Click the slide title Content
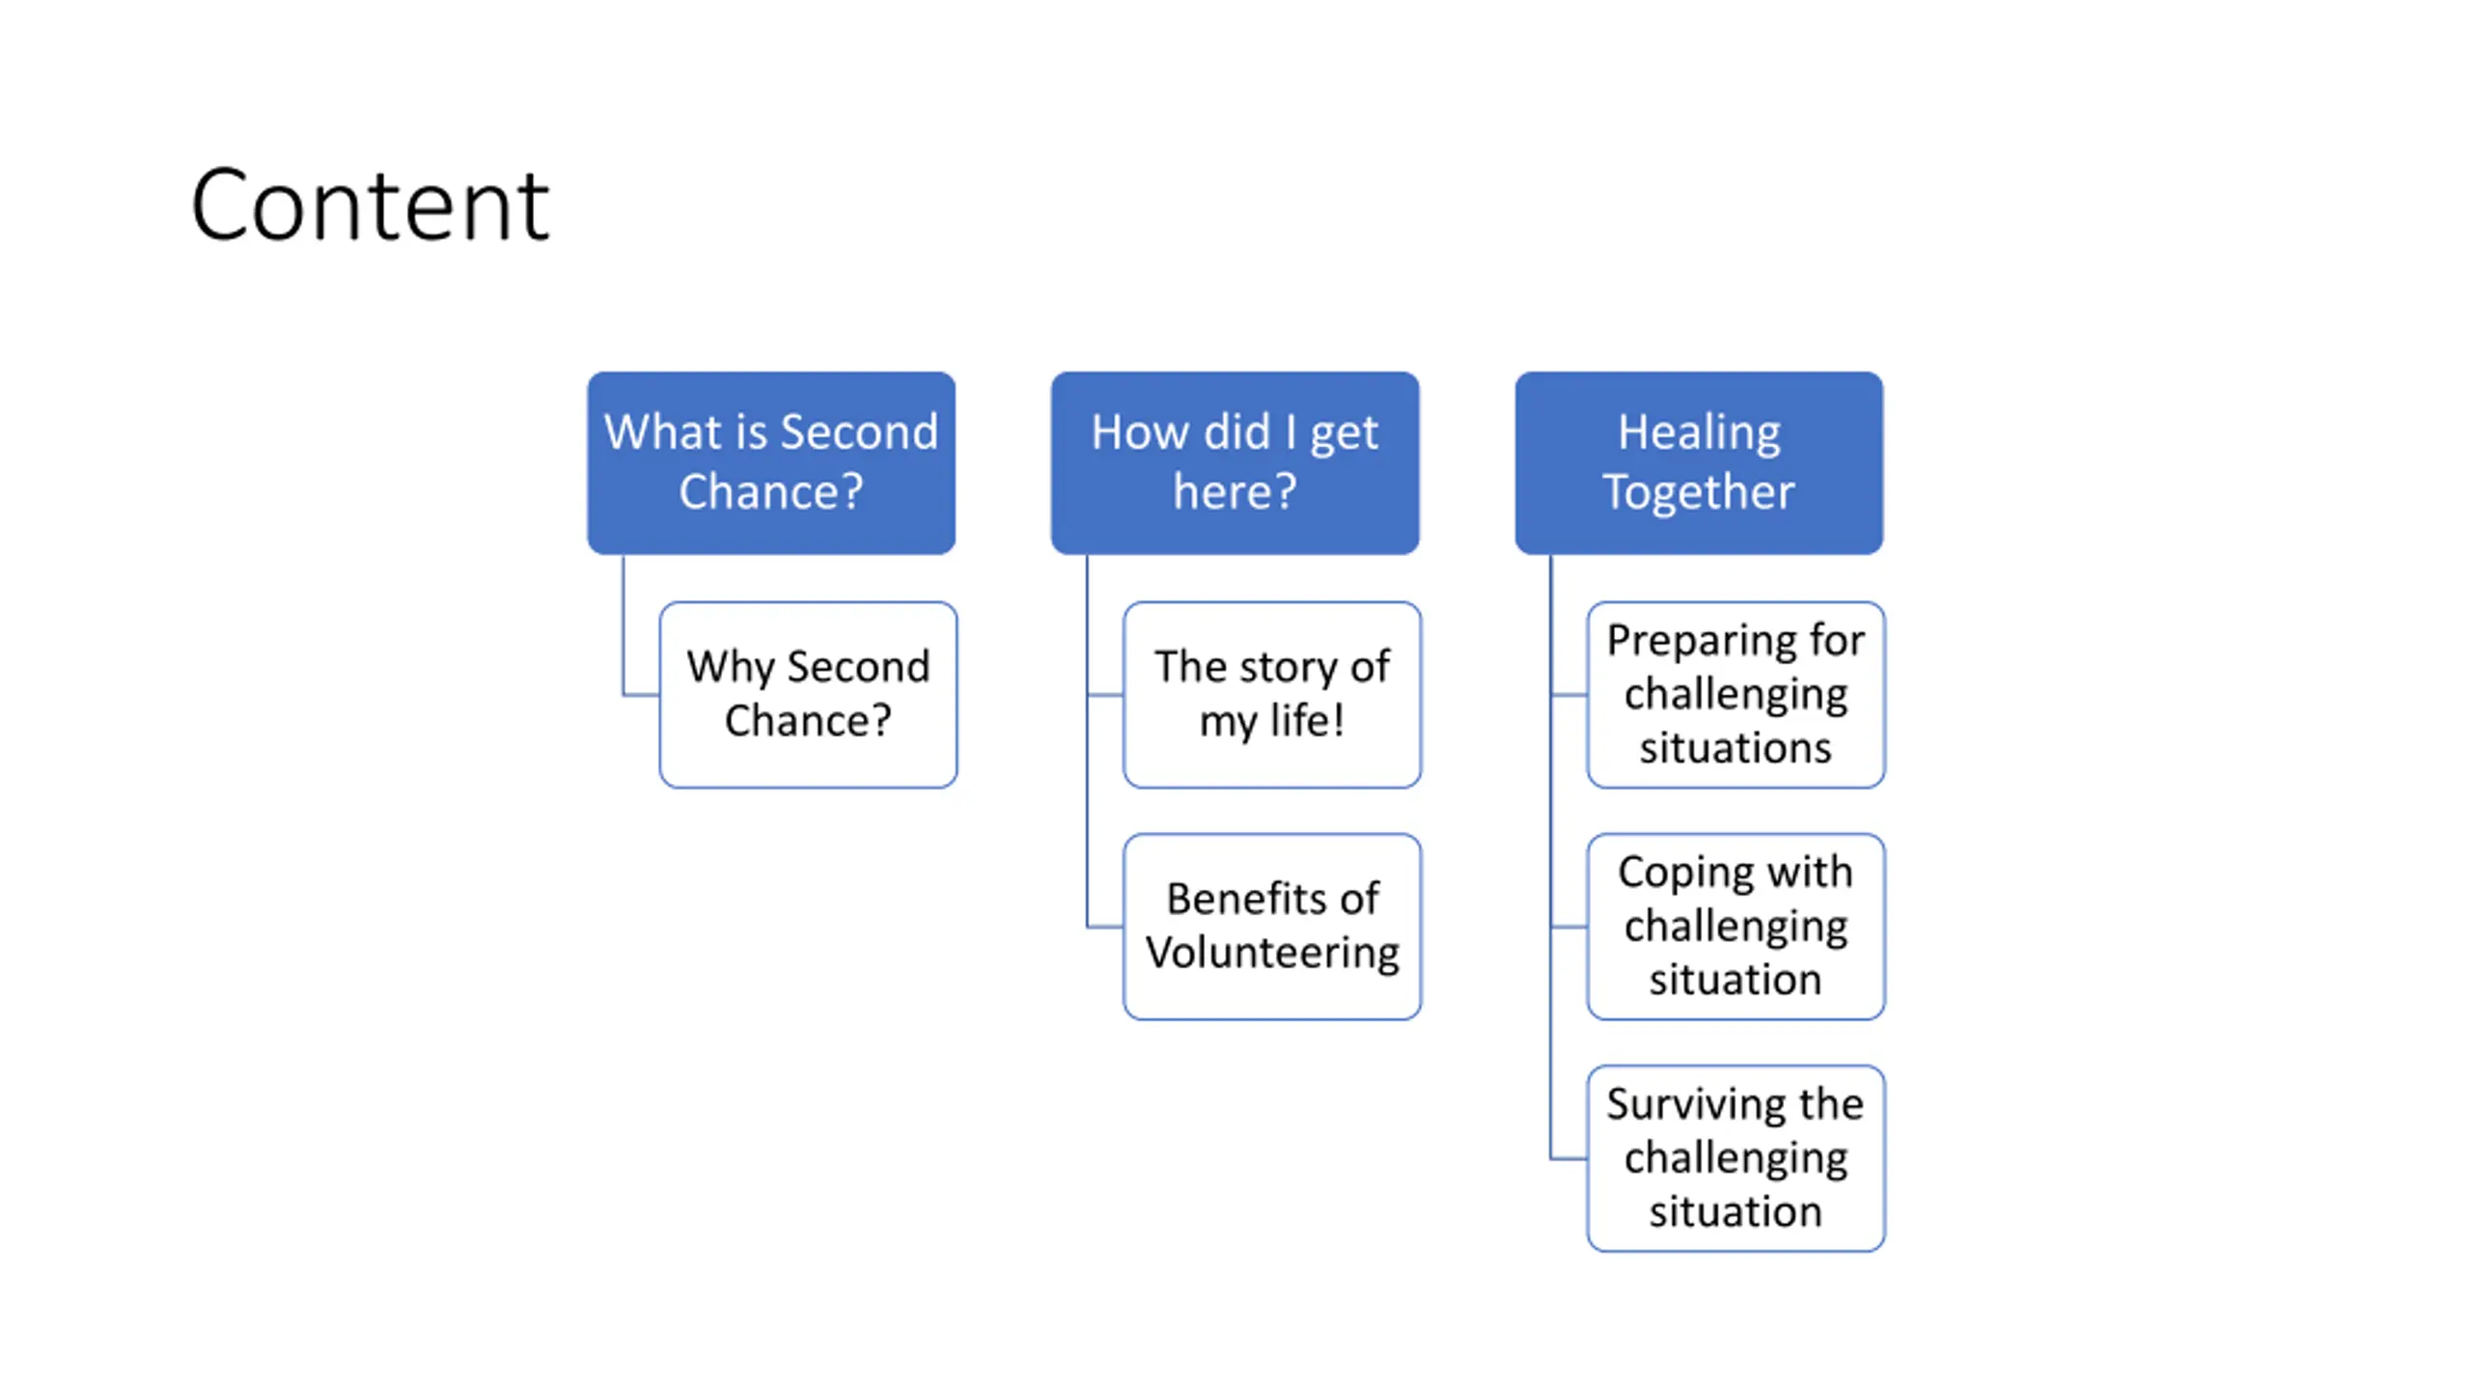pos(370,205)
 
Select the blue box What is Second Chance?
pos(771,463)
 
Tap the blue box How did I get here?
pos(1235,463)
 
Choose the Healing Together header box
pos(1699,463)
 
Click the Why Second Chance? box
pos(808,695)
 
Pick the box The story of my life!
pos(1272,695)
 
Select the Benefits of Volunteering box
pos(1272,927)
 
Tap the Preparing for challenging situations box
pos(1735,695)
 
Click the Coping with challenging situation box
pos(1735,927)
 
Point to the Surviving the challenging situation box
pos(1735,1158)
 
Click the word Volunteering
pos(1272,954)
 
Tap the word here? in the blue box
pos(1235,492)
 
